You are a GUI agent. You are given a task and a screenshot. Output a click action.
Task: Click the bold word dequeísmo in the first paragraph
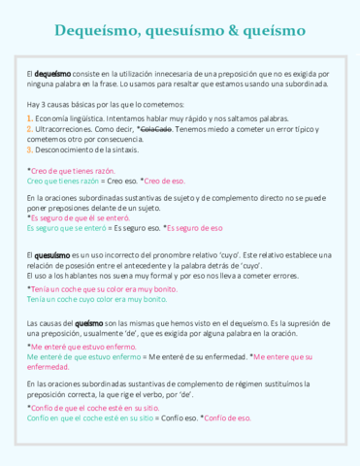click(52, 74)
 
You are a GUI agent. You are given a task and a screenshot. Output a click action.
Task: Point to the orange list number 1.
click(30, 116)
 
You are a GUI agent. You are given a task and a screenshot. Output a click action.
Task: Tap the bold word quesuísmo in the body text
click(53, 254)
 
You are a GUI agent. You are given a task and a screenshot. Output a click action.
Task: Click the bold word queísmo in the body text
click(88, 322)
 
